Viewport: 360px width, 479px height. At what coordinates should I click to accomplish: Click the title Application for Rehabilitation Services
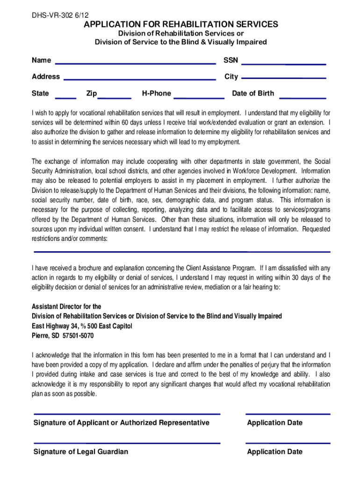point(180,24)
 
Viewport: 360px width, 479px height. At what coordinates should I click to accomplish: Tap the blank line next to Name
point(135,64)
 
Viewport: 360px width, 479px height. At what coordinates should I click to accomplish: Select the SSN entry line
point(283,64)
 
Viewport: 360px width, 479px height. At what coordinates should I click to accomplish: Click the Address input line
point(139,80)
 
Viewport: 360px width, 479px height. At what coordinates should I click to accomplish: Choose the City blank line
point(283,78)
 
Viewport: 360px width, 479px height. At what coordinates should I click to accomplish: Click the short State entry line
point(66,98)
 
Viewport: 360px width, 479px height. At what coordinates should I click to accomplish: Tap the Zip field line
point(115,98)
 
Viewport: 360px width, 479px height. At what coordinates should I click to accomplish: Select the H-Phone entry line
point(199,98)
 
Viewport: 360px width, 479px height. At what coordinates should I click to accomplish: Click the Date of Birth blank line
point(302,98)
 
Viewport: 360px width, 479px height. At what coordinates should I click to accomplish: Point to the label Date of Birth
point(253,94)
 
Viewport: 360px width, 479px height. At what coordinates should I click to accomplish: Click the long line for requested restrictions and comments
point(181,252)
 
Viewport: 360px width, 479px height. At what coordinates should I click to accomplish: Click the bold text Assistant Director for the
point(66,307)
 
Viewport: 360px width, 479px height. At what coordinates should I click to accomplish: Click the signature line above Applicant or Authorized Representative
point(127,414)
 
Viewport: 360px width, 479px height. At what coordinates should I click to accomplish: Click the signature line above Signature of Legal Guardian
point(127,443)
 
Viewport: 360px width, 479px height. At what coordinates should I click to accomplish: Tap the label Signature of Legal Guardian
point(81,452)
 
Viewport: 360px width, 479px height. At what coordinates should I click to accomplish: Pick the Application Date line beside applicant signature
point(288,414)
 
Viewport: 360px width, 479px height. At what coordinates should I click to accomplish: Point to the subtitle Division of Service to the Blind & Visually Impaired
point(180,42)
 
